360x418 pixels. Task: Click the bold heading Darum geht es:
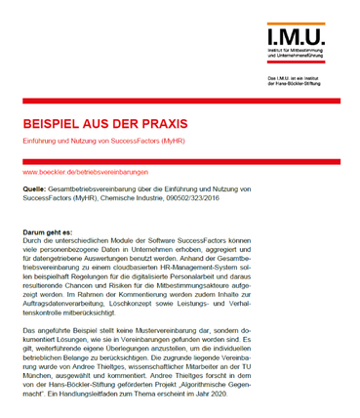(x=49, y=231)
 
